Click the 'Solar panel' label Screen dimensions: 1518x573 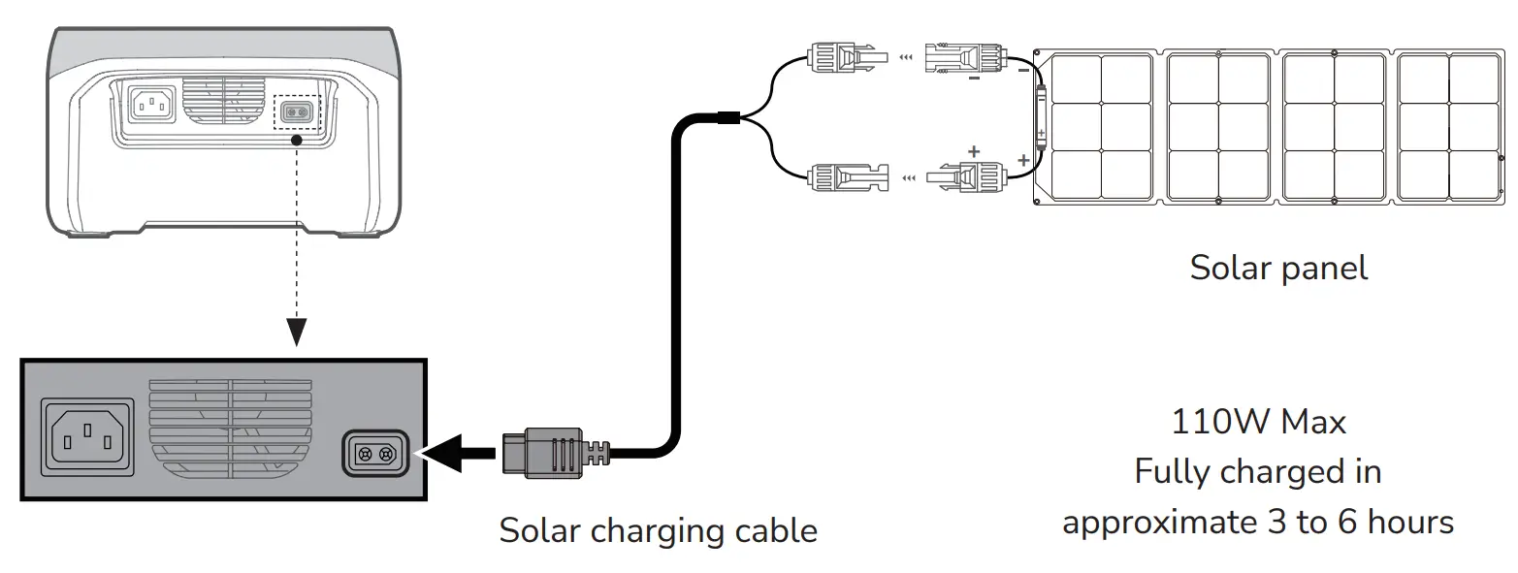pyautogui.click(x=1278, y=269)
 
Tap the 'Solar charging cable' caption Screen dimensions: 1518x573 pyautogui.click(x=658, y=530)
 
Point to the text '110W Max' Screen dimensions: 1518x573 pyautogui.click(x=1258, y=422)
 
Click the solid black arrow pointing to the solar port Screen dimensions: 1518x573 pyautogui.click(x=459, y=453)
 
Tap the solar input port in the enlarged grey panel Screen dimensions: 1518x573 pyautogui.click(x=375, y=453)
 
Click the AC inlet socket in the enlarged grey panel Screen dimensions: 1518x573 pyautogui.click(x=87, y=437)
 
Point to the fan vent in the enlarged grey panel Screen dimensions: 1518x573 pyautogui.click(x=231, y=430)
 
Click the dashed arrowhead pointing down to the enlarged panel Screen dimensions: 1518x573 pyautogui.click(x=297, y=332)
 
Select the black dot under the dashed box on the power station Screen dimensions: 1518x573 pyautogui.click(x=296, y=141)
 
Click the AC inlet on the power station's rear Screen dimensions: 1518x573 pyautogui.click(x=152, y=105)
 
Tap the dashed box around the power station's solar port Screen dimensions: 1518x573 pyautogui.click(x=296, y=111)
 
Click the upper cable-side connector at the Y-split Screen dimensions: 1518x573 pyautogui.click(x=847, y=57)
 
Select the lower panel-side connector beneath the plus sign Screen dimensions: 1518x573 pyautogui.click(x=966, y=177)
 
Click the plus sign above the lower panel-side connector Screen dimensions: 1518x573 pyautogui.click(x=974, y=151)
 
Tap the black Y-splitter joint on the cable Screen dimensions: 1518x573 pyautogui.click(x=728, y=118)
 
